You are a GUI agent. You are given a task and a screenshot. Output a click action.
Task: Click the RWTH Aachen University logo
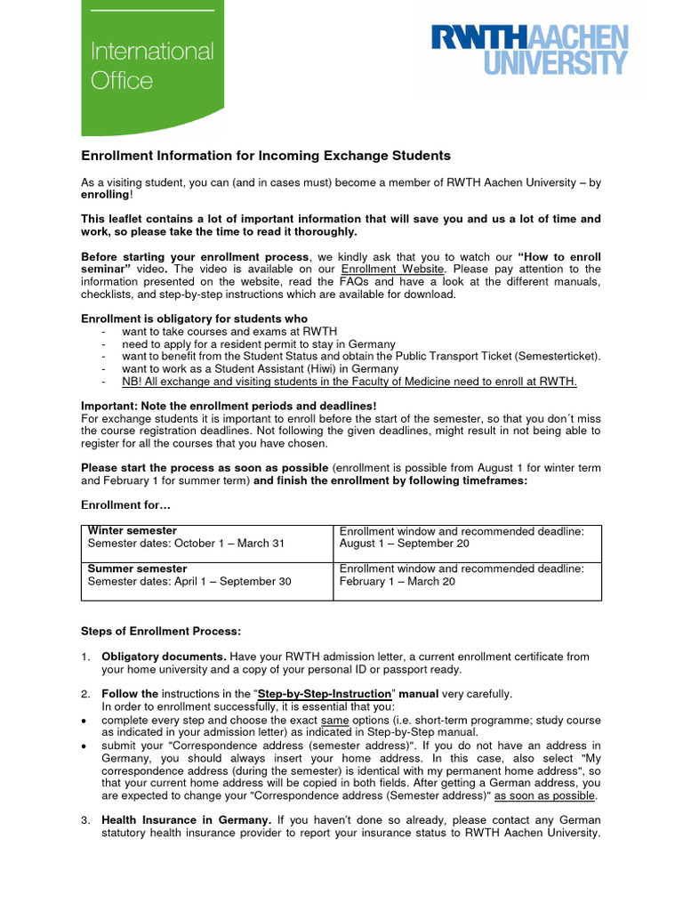coord(529,50)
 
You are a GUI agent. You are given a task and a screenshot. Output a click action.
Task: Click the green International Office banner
coord(152,67)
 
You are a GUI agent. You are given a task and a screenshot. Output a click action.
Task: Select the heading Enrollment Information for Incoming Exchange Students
coord(266,156)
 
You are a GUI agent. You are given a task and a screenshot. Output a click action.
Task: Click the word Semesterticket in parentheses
coord(558,356)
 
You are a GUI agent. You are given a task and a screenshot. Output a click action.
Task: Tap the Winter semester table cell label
coord(133,531)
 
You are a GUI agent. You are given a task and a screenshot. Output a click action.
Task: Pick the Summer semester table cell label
coord(137,568)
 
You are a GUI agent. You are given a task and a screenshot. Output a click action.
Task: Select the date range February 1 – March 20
coord(398,581)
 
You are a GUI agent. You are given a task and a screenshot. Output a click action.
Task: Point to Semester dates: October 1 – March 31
coord(186,544)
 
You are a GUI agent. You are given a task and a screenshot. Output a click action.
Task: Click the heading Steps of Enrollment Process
coord(161,631)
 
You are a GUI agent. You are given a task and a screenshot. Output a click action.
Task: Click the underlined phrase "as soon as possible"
coord(545,795)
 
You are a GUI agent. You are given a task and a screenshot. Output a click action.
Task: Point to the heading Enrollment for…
coord(125,505)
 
